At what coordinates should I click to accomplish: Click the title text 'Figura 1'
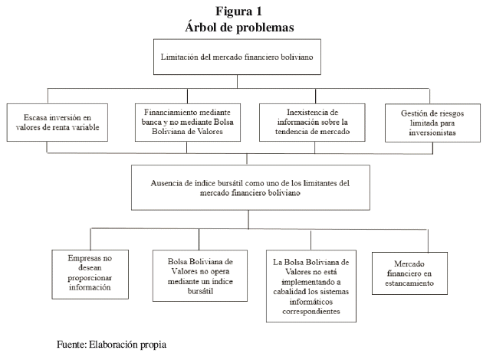click(x=238, y=11)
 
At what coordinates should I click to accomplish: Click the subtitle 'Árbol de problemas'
click(x=239, y=27)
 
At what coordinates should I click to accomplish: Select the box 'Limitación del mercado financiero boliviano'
click(x=237, y=57)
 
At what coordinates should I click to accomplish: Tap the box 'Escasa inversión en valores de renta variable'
click(x=58, y=123)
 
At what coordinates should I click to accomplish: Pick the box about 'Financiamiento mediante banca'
click(x=188, y=123)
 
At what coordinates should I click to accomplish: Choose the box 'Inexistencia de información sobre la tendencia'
click(x=312, y=123)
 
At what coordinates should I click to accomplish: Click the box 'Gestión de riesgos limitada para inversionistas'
click(x=432, y=123)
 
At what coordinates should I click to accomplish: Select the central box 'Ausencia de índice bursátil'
click(x=251, y=188)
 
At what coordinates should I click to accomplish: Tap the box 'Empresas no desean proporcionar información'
click(x=90, y=274)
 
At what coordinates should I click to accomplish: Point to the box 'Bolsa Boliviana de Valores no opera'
click(x=200, y=276)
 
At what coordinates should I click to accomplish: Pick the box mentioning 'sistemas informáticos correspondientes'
click(x=311, y=286)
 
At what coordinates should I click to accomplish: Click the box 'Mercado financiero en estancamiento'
click(x=409, y=273)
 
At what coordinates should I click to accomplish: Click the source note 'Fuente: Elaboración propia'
click(x=111, y=345)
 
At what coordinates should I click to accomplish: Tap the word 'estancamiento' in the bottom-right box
click(x=409, y=283)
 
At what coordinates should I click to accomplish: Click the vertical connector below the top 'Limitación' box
click(x=237, y=81)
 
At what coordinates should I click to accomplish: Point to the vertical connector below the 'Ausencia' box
click(x=248, y=219)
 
